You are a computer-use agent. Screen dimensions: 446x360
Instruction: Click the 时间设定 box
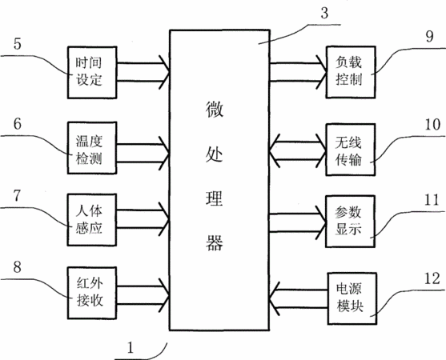click(92, 73)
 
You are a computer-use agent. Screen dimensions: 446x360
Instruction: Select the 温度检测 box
click(92, 148)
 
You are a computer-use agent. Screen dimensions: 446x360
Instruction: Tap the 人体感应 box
click(92, 220)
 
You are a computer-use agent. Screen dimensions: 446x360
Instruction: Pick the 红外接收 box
click(92, 293)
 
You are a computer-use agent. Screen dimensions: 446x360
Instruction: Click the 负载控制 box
click(351, 72)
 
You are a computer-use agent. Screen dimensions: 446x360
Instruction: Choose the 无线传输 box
click(351, 150)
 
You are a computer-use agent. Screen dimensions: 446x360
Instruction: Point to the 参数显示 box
click(351, 222)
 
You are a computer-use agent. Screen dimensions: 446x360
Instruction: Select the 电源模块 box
click(352, 298)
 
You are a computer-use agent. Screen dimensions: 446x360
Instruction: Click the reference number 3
click(324, 13)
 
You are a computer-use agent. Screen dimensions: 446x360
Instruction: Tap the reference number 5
click(18, 44)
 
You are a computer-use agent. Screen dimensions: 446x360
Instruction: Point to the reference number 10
click(432, 125)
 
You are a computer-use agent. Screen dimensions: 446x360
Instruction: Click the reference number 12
click(432, 278)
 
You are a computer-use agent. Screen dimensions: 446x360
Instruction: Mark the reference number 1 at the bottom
click(131, 347)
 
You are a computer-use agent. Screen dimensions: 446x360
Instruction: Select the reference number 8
click(18, 267)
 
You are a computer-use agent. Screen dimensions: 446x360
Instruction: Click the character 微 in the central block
click(214, 110)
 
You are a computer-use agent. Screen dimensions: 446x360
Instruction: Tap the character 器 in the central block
click(214, 242)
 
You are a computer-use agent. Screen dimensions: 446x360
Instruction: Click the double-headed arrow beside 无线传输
click(298, 150)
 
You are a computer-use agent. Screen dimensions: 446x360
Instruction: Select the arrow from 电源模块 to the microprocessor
click(299, 299)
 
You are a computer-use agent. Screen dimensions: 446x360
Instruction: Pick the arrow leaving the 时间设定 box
click(143, 72)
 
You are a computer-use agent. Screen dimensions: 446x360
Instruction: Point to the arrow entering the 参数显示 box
click(298, 222)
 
